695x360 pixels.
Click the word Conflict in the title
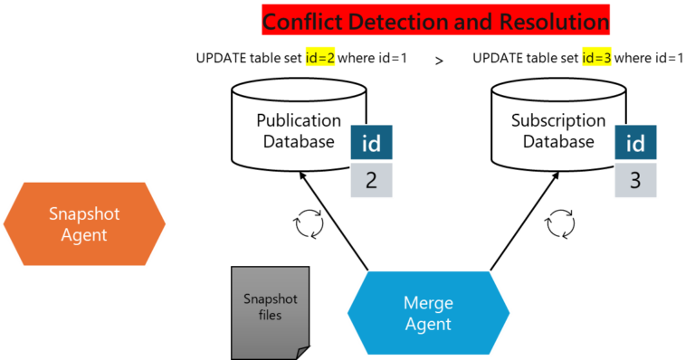pos(303,20)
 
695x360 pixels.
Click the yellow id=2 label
pos(320,59)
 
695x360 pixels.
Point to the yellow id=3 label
pos(596,59)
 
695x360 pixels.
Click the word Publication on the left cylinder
pos(299,120)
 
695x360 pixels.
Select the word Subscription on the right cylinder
pos(558,120)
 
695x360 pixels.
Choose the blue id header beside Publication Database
pos(371,144)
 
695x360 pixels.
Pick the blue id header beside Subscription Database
pos(636,144)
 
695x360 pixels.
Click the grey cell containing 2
pos(371,180)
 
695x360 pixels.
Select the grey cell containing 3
pos(636,180)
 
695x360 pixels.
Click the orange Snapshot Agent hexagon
pos(84,224)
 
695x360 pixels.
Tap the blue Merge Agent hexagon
pos(428,313)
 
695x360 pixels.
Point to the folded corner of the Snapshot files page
pos(301,351)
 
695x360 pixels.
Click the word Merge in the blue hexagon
pos(429,303)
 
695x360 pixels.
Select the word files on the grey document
pos(270,316)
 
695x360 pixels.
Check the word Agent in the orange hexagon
pos(84,235)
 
